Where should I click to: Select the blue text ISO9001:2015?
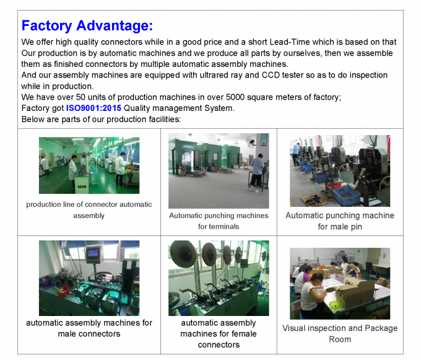point(94,108)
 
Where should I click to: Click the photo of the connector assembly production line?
point(89,165)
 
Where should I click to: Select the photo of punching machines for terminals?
point(219,170)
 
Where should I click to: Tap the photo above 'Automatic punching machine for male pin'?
point(339,170)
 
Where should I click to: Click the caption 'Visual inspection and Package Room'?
point(339,333)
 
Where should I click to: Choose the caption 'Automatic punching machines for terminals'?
point(219,221)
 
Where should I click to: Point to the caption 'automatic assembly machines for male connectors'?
point(89,328)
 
